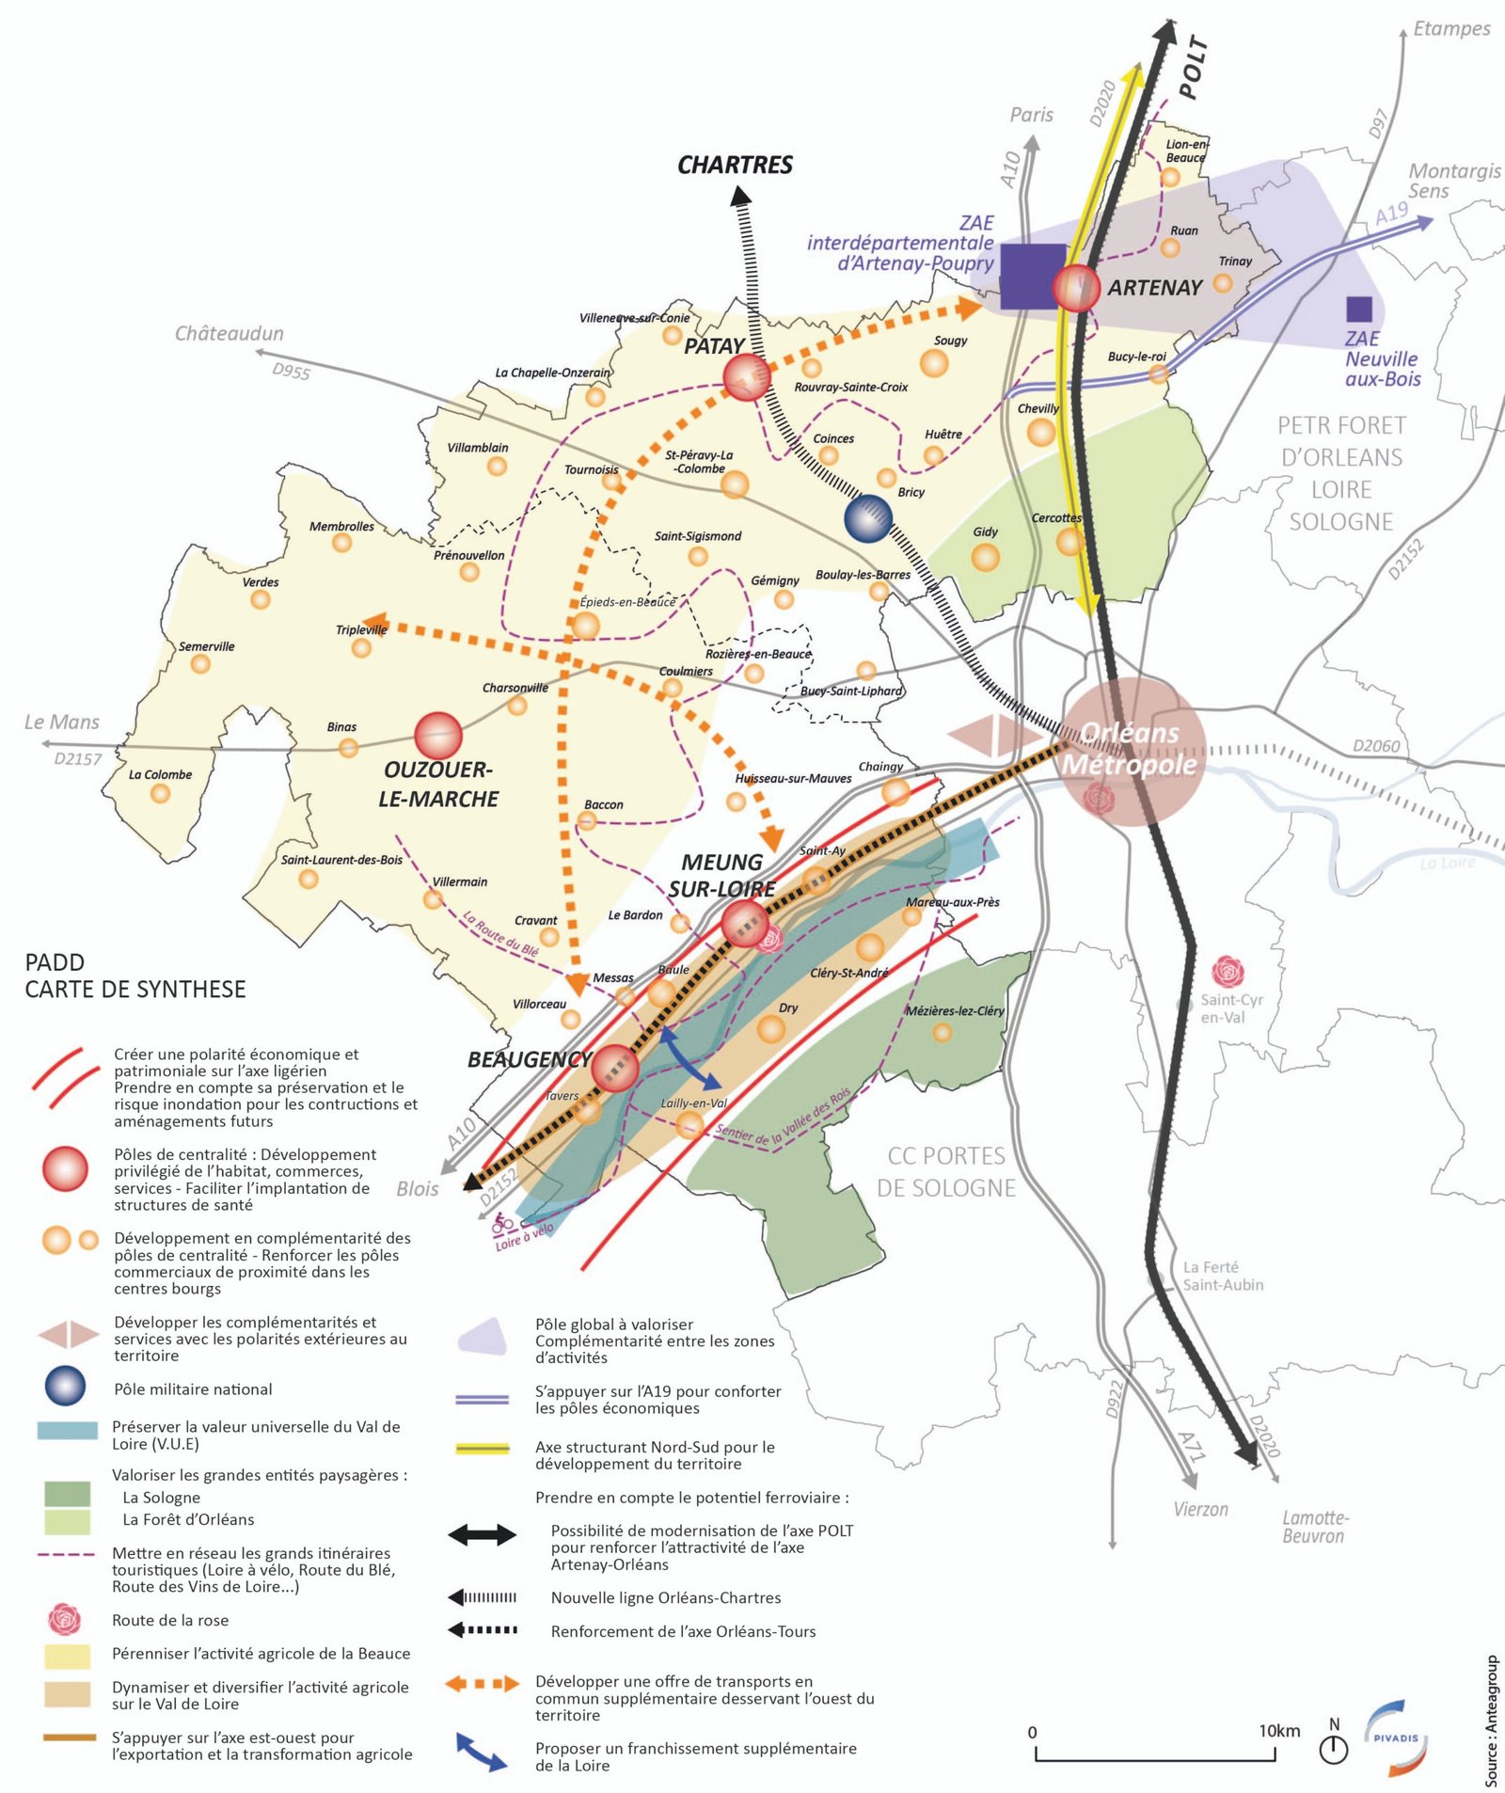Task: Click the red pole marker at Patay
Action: coord(746,377)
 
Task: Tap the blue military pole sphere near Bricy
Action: coord(867,518)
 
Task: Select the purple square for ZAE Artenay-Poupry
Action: coord(1032,276)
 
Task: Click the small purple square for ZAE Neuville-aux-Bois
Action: coord(1358,309)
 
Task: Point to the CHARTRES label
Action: coord(735,166)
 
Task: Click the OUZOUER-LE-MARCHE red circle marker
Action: coord(437,735)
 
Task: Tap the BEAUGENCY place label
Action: coord(529,1060)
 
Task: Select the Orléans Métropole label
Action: coord(1130,749)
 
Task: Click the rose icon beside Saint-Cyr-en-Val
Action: coord(1228,972)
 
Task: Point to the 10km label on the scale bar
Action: coord(1279,1731)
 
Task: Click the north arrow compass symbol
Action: coord(1334,1746)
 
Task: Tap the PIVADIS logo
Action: coord(1396,1738)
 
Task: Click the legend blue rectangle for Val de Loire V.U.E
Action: coord(67,1431)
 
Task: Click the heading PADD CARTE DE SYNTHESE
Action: coord(135,976)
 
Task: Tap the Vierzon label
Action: coord(1200,1509)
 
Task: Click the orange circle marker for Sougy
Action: coord(933,363)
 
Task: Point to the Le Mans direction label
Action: coord(62,722)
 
